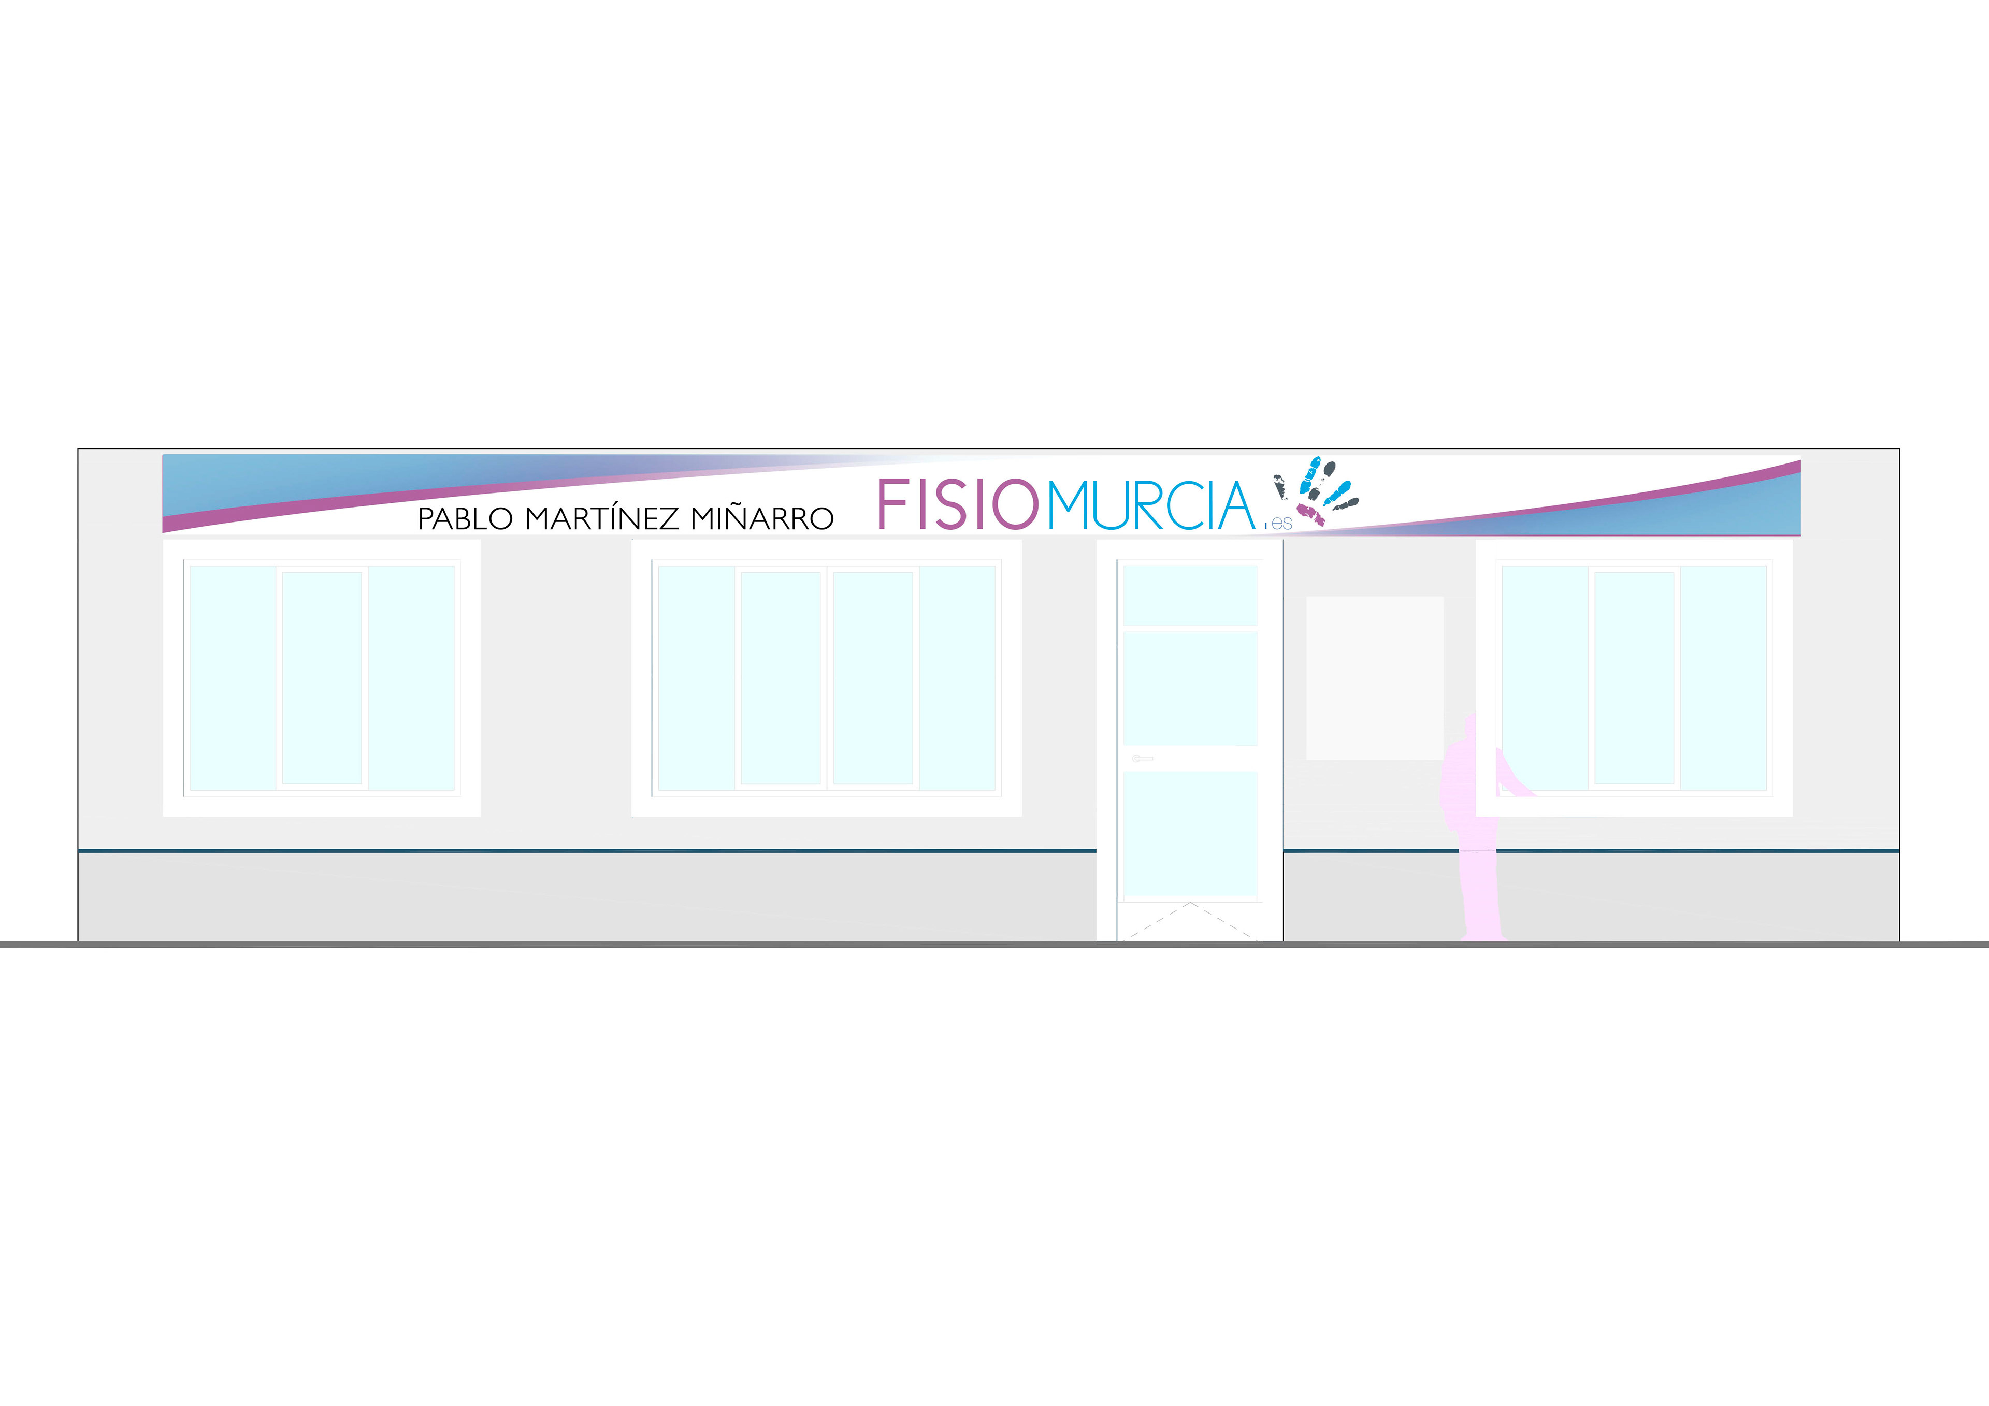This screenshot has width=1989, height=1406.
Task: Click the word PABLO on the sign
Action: [465, 519]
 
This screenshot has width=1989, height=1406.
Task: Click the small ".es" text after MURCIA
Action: [1280, 523]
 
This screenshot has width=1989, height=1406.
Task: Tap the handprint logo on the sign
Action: [1316, 490]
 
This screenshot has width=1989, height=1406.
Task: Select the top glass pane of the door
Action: [1189, 595]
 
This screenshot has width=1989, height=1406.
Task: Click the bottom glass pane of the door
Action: [1189, 833]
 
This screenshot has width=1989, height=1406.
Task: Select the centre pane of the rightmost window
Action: [1634, 677]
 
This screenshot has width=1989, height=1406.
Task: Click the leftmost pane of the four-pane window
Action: [696, 677]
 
